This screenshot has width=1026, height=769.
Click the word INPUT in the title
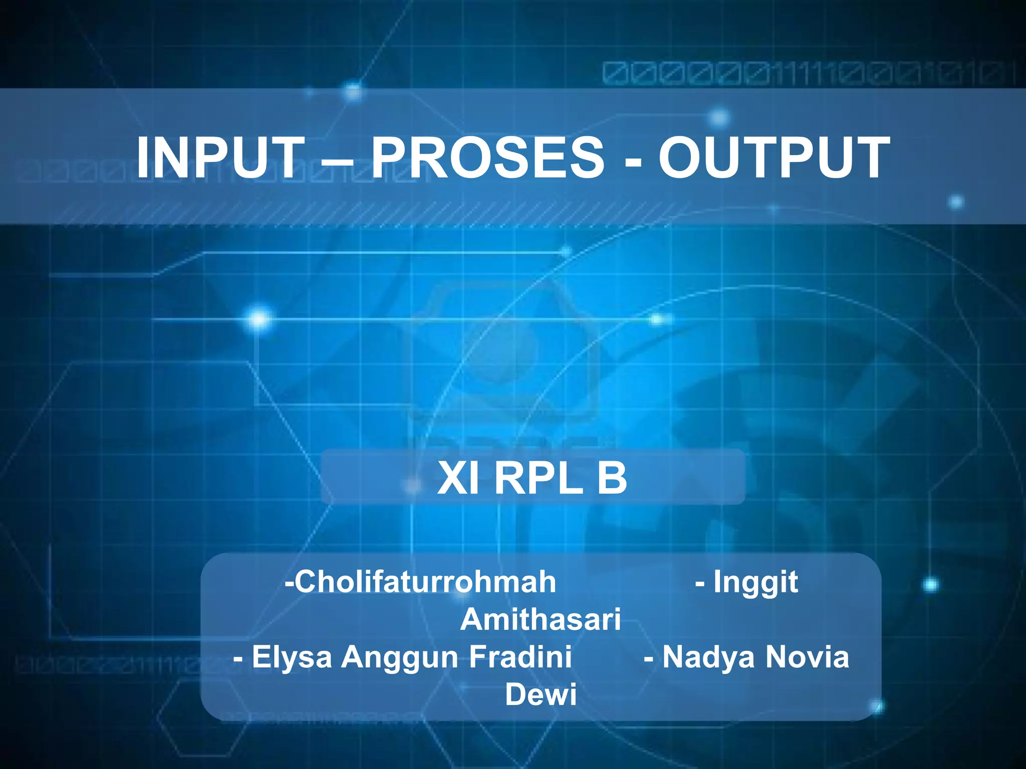tap(220, 158)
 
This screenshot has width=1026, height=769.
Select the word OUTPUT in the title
tap(774, 158)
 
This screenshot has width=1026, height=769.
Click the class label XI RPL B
tap(532, 478)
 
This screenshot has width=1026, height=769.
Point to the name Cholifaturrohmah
tap(425, 582)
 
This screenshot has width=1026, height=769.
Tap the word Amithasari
tap(541, 619)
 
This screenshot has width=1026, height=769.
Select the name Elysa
tap(292, 657)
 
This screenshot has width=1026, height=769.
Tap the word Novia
tap(807, 656)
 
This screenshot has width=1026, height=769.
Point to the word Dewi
tap(541, 694)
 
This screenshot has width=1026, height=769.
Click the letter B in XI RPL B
tap(611, 478)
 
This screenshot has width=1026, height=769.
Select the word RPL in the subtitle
tap(539, 478)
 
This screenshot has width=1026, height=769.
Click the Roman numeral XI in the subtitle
tap(457, 478)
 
